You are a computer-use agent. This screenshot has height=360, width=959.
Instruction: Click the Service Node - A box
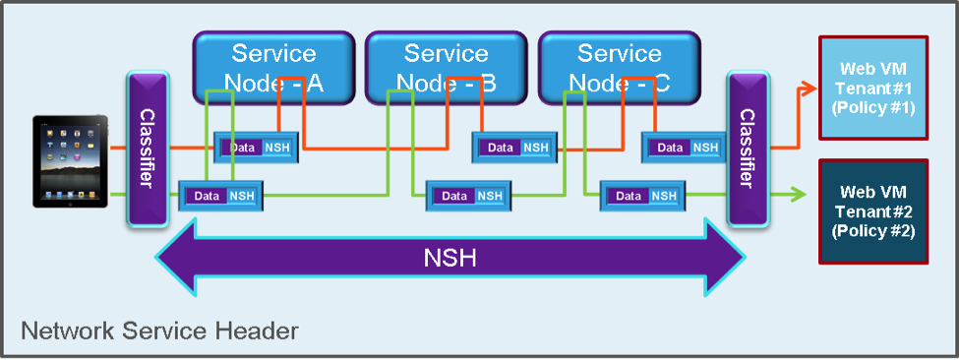tap(274, 67)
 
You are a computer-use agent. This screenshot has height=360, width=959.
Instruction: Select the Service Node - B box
tap(446, 67)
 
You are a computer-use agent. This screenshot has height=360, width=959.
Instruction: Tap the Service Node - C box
tap(619, 67)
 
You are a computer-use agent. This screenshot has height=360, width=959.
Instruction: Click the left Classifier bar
tap(148, 150)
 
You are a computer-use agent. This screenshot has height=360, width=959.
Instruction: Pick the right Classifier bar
tap(748, 150)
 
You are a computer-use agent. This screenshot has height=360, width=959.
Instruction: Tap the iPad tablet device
tap(71, 161)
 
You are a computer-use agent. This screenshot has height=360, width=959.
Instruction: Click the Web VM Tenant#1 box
tap(873, 88)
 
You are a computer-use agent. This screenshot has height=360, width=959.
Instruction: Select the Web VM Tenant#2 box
tap(873, 211)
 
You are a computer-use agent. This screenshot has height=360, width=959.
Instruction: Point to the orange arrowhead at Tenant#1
tap(809, 88)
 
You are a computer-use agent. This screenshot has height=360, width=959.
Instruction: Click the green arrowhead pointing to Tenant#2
tap(800, 195)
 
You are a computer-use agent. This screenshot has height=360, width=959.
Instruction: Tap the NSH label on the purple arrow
tap(450, 259)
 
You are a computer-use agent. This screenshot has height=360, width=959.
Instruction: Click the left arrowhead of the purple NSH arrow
tap(176, 258)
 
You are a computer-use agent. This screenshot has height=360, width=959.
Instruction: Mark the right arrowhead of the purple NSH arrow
tap(725, 258)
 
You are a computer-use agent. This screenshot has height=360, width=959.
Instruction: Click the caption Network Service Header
tap(159, 330)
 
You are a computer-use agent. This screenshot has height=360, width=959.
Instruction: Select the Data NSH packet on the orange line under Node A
tap(257, 148)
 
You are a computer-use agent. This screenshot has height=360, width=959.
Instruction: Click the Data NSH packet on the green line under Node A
tap(220, 196)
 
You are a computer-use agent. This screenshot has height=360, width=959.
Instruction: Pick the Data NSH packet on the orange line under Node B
tap(514, 148)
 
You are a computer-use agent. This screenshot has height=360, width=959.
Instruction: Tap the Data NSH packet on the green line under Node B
tap(468, 196)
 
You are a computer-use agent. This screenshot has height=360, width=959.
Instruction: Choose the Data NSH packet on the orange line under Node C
tap(684, 148)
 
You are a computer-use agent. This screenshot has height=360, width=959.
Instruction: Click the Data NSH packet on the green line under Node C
tap(643, 196)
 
